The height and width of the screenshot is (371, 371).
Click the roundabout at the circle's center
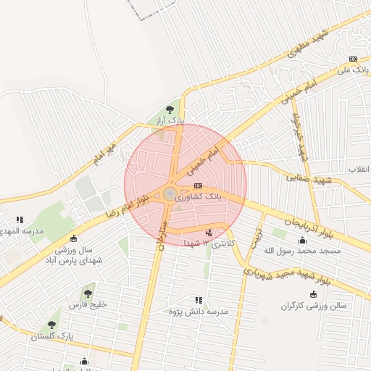pyautogui.click(x=170, y=193)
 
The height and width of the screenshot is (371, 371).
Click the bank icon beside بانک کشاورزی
pyautogui.click(x=199, y=185)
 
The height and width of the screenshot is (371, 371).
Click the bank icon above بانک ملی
pyautogui.click(x=353, y=59)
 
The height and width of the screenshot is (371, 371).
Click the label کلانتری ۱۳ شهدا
pyautogui.click(x=210, y=244)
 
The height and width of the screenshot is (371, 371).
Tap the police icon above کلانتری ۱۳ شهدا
pyautogui.click(x=209, y=233)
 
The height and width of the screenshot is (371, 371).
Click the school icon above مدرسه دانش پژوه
pyautogui.click(x=198, y=299)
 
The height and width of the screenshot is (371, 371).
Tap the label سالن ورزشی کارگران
pyautogui.click(x=314, y=306)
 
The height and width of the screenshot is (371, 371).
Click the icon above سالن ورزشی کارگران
pyautogui.click(x=313, y=294)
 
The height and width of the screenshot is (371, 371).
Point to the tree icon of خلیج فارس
pyautogui.click(x=88, y=293)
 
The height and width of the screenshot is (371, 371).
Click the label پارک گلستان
pyautogui.click(x=52, y=336)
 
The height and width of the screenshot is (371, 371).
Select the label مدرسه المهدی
pyautogui.click(x=21, y=231)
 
